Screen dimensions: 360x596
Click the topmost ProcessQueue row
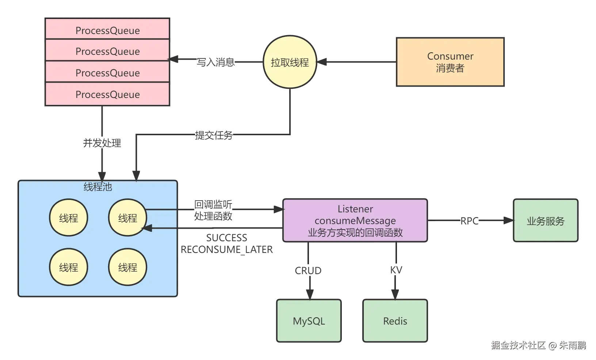click(107, 30)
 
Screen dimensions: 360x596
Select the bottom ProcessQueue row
click(107, 94)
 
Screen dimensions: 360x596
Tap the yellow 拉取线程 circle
click(290, 62)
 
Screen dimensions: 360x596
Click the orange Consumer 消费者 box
click(450, 62)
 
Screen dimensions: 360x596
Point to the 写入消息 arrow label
click(215, 62)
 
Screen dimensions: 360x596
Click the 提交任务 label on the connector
click(213, 135)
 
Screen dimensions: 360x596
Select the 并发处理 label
click(102, 143)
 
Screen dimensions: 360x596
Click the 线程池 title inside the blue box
click(98, 187)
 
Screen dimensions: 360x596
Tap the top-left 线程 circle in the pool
click(68, 218)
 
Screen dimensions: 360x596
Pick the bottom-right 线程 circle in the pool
click(127, 267)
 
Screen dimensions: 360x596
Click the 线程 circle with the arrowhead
click(127, 218)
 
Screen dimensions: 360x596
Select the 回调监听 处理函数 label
click(213, 210)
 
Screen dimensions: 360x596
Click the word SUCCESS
click(226, 238)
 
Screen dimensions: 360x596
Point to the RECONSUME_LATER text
click(226, 250)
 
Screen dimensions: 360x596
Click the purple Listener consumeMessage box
click(355, 220)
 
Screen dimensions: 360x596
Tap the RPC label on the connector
click(469, 221)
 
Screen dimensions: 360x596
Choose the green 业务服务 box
click(545, 221)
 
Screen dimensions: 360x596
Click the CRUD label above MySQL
click(308, 270)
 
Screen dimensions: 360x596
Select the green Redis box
click(395, 321)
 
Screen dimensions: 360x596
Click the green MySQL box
click(309, 321)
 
